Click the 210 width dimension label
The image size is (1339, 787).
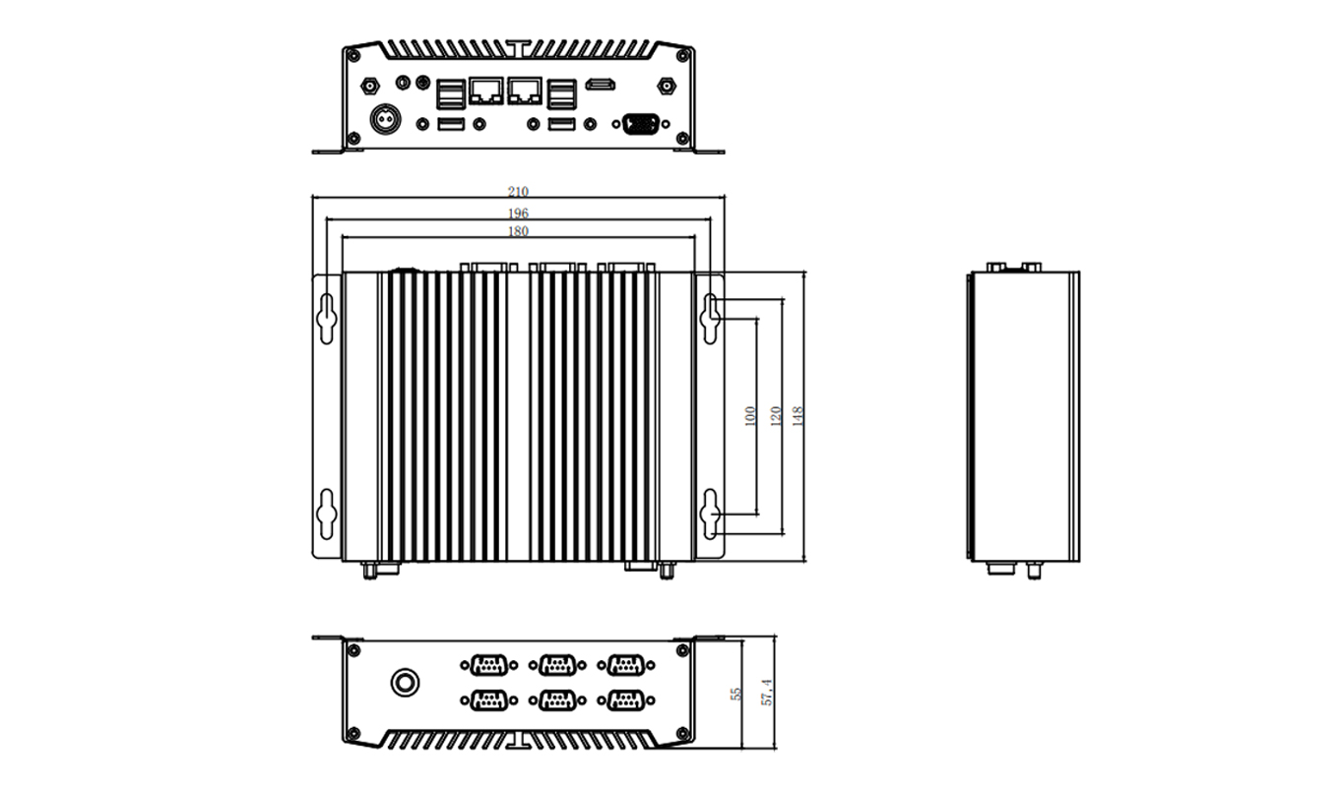pos(518,192)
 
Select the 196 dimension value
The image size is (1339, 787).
pos(518,213)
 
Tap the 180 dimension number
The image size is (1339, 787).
pos(518,232)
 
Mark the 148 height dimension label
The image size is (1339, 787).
pos(797,416)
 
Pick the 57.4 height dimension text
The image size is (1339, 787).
pos(768,692)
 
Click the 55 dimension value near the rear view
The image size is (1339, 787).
pos(736,694)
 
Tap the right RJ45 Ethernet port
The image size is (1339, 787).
pos(525,91)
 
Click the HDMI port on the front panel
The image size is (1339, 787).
pos(601,87)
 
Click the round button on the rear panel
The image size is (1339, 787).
pos(404,681)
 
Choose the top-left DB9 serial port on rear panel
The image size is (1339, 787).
pos(486,665)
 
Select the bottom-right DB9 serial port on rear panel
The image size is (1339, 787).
pos(624,700)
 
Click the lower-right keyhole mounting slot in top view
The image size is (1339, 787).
pos(711,515)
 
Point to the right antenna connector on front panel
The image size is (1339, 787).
pos(666,87)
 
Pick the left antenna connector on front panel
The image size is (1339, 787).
pos(371,87)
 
